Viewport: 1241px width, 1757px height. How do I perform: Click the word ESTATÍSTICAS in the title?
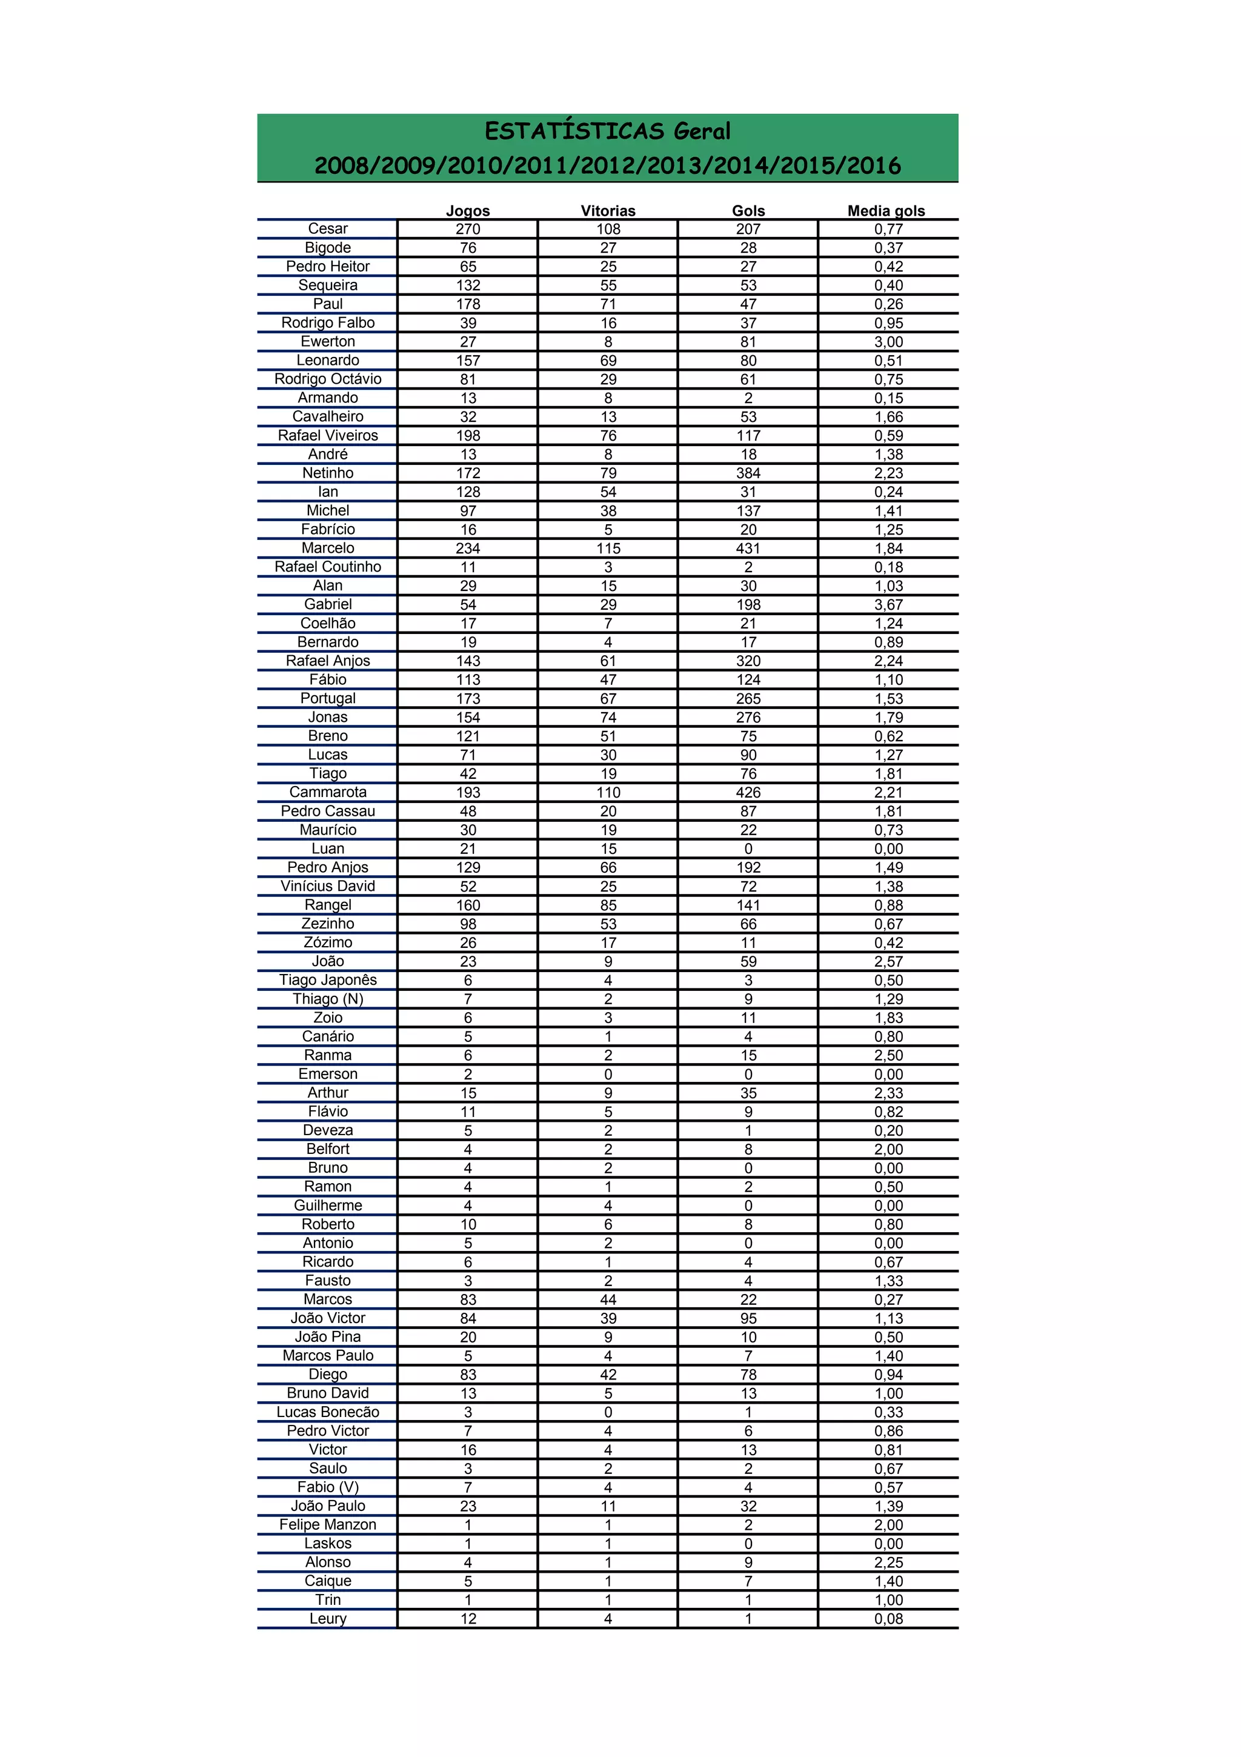point(574,132)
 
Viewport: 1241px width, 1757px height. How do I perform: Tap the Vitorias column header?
point(608,210)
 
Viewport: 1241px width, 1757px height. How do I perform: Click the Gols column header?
point(748,210)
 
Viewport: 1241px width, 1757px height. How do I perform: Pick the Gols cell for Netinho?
point(748,473)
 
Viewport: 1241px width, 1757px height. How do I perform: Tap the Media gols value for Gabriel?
point(888,604)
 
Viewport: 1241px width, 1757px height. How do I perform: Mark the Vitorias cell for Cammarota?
point(608,792)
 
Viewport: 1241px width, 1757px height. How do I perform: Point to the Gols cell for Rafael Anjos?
point(748,661)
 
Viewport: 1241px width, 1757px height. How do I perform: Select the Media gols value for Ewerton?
point(888,341)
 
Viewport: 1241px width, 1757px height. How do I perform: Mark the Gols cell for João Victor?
point(748,1318)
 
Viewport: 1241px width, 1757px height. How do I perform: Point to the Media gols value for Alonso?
point(888,1562)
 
